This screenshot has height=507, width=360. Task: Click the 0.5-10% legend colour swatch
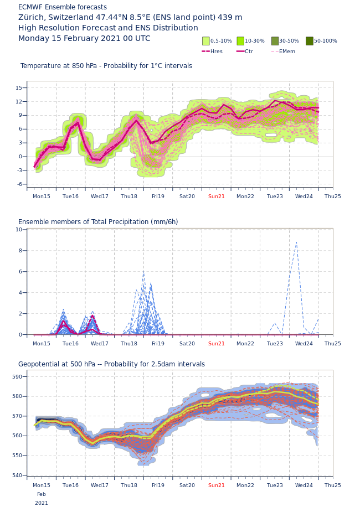(206, 41)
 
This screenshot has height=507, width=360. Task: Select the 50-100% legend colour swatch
(310, 41)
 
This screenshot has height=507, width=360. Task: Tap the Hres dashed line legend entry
(205, 51)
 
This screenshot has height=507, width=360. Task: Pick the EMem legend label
(287, 51)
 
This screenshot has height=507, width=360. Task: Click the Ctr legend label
(249, 51)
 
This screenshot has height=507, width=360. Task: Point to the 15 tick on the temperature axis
(18, 88)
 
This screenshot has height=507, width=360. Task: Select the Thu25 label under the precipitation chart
(333, 344)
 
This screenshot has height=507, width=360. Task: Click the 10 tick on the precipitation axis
(19, 230)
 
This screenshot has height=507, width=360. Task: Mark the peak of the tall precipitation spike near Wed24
(296, 242)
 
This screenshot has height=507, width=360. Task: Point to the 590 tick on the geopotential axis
(17, 377)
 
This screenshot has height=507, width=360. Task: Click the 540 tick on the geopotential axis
(17, 475)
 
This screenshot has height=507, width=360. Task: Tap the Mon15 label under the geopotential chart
(42, 485)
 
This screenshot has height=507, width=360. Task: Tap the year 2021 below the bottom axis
(42, 503)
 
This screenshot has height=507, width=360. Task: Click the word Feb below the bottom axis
(42, 494)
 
